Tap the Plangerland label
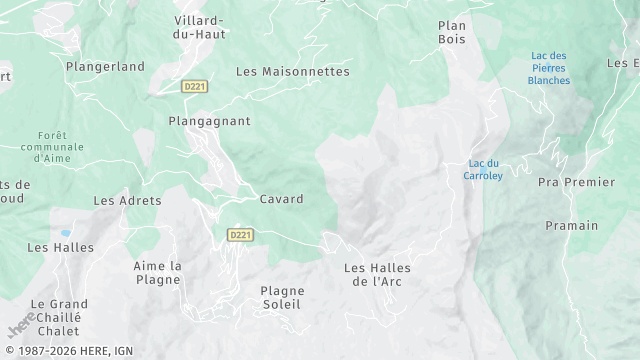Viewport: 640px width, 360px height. [x=105, y=67]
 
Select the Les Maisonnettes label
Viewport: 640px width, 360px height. [x=293, y=72]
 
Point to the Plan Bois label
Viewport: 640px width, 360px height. [x=452, y=32]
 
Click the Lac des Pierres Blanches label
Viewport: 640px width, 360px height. [x=549, y=68]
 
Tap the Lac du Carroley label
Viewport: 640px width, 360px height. [x=483, y=170]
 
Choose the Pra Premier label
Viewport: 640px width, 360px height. [x=576, y=183]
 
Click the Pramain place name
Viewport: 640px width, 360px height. [x=571, y=226]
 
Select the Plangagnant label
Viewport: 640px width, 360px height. [x=209, y=121]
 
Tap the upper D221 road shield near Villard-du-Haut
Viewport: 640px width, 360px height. [x=195, y=87]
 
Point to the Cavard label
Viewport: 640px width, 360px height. [x=281, y=200]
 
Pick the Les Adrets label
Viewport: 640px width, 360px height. [x=127, y=201]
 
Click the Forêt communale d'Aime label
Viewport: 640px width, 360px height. [x=52, y=146]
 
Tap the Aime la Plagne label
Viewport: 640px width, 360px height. [x=157, y=272]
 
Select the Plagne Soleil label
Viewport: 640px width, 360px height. [x=282, y=298]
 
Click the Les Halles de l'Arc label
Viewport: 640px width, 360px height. [x=377, y=274]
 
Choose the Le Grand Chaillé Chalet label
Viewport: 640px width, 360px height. [x=59, y=317]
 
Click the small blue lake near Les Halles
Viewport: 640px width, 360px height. [x=65, y=232]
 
